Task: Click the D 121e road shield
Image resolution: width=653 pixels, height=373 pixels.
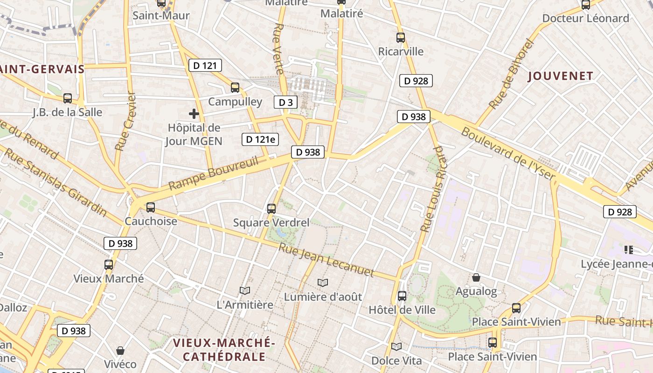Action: click(260, 139)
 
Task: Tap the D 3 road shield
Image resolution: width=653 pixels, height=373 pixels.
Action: click(285, 102)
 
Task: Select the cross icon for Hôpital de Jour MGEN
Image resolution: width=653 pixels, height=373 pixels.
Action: click(194, 113)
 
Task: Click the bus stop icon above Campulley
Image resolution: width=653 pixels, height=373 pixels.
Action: click(235, 87)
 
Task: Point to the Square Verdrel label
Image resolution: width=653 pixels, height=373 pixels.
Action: click(271, 222)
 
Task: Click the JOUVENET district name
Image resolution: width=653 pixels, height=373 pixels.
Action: click(561, 76)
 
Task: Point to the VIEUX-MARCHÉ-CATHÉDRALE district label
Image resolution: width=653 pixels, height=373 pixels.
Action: click(224, 350)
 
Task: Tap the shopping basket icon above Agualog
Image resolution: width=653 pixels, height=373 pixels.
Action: click(476, 277)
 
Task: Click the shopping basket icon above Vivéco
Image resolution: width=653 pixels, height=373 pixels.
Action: click(120, 350)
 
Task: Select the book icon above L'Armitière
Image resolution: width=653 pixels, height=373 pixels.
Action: click(245, 290)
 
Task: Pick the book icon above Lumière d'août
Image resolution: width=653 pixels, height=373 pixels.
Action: click(322, 283)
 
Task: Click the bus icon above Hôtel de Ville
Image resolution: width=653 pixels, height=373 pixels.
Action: click(402, 296)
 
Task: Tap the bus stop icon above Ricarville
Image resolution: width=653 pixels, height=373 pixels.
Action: click(401, 38)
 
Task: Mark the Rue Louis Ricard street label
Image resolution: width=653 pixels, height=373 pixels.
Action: click(432, 189)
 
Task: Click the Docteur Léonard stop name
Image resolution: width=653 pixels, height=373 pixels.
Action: click(585, 19)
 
